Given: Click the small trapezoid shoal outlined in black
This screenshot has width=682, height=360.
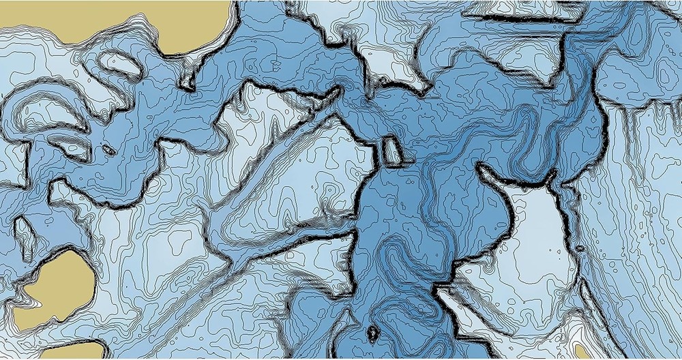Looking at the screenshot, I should coord(391,151).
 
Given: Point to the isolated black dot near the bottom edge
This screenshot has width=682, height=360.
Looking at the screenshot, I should coord(372,333).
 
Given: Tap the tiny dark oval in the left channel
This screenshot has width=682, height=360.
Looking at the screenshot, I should coord(108,148).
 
